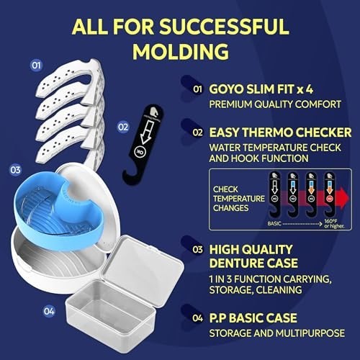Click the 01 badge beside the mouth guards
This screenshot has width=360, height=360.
pyautogui.click(x=36, y=66)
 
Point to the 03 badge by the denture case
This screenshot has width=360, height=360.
pyautogui.click(x=16, y=171)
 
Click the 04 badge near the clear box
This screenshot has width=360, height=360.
pyautogui.click(x=49, y=312)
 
